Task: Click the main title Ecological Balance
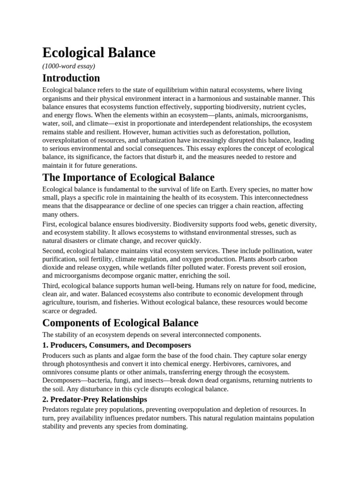coord(99,53)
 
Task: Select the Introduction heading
coord(71,78)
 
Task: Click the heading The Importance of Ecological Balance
coord(128,177)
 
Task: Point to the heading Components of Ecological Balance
coord(120,323)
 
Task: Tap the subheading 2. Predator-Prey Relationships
coord(95,399)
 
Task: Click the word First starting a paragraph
coord(49,224)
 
